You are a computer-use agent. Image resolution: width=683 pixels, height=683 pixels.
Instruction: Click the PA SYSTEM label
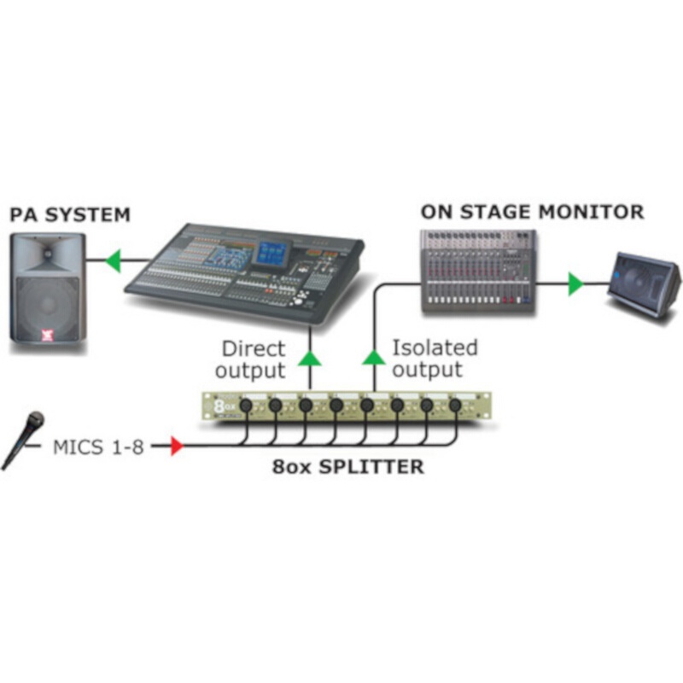click(x=71, y=213)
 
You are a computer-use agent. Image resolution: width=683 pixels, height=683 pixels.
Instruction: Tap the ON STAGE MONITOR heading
click(x=532, y=211)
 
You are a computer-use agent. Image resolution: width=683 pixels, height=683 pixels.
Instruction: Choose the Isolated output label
click(x=434, y=359)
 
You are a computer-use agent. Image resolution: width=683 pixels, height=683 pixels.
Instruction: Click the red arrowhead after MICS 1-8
click(x=177, y=446)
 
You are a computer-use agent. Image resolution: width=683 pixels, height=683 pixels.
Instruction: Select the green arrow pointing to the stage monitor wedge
click(x=576, y=283)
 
